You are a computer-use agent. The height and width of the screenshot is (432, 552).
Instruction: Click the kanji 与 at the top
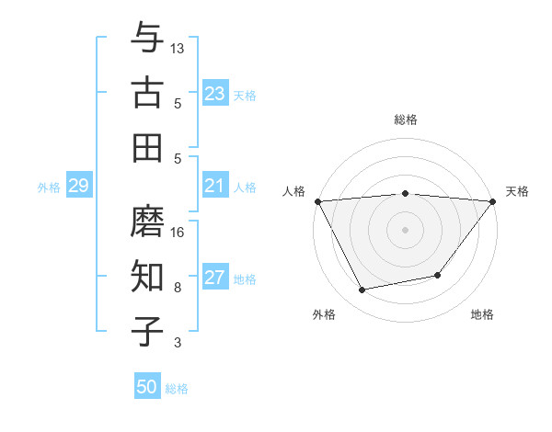(146, 38)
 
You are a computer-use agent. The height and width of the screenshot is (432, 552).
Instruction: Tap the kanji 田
(146, 147)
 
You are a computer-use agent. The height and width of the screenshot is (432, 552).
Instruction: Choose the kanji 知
(146, 277)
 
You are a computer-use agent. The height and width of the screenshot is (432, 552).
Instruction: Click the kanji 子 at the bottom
(146, 332)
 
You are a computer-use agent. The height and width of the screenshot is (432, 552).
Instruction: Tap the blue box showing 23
(215, 94)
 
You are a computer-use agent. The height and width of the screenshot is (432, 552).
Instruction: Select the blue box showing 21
(215, 187)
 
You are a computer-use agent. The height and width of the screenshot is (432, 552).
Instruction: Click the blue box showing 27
(215, 279)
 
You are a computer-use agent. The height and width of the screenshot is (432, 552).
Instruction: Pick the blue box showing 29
(78, 187)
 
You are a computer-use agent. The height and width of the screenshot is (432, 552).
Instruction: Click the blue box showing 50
(147, 387)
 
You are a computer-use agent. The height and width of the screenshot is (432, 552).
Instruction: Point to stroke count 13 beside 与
(178, 48)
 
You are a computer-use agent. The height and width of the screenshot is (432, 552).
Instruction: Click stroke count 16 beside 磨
(178, 233)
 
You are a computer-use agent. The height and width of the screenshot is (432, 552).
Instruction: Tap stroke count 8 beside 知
(178, 288)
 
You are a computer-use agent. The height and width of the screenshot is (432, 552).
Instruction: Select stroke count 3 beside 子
(178, 343)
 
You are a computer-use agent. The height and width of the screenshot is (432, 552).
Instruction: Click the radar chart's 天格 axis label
(517, 191)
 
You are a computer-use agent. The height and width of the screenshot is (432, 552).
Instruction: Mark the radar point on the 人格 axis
(317, 200)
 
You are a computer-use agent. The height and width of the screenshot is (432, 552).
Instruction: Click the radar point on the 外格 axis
(362, 290)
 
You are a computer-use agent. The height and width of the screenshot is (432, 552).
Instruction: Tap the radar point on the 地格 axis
(438, 275)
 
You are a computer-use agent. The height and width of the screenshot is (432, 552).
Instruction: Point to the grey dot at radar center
(405, 229)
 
